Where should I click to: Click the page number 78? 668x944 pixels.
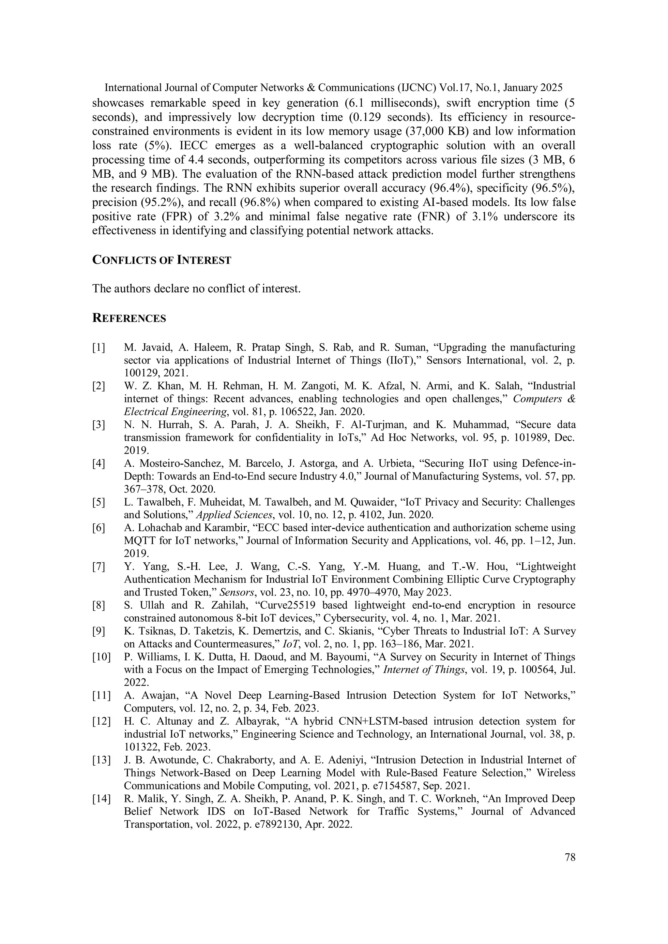[570, 857]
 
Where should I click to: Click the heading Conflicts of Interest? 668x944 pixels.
[162, 260]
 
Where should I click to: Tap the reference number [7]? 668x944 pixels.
[99, 567]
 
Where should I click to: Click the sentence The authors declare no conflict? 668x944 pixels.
[196, 288]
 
